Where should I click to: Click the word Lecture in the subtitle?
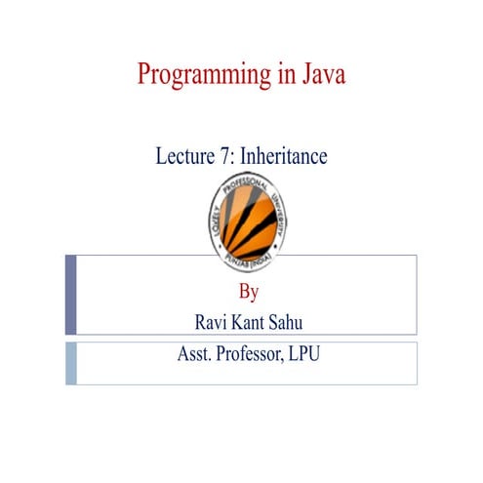point(186,155)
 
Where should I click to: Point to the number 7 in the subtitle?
point(226,155)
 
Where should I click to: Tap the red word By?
point(249,291)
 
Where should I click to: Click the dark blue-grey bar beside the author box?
point(71,296)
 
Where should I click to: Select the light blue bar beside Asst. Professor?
point(71,363)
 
